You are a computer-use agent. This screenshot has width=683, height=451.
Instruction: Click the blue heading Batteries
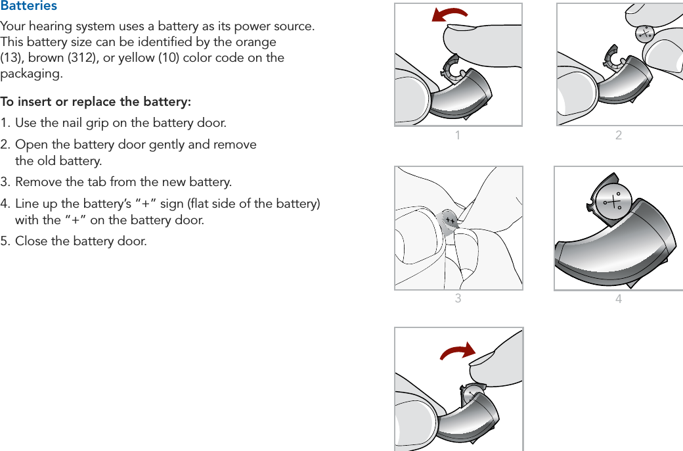click(29, 6)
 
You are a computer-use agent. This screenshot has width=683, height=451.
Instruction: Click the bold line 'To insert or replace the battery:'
click(96, 102)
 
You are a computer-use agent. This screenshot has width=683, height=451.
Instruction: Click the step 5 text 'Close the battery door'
click(81, 241)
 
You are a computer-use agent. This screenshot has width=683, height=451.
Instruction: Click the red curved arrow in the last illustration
click(458, 352)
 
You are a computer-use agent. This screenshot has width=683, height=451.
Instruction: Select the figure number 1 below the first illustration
click(458, 136)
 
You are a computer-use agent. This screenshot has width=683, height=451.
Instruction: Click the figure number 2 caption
click(619, 136)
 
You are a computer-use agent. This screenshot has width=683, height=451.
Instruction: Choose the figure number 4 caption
click(619, 299)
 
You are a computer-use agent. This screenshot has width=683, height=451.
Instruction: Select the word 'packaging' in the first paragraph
click(30, 74)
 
